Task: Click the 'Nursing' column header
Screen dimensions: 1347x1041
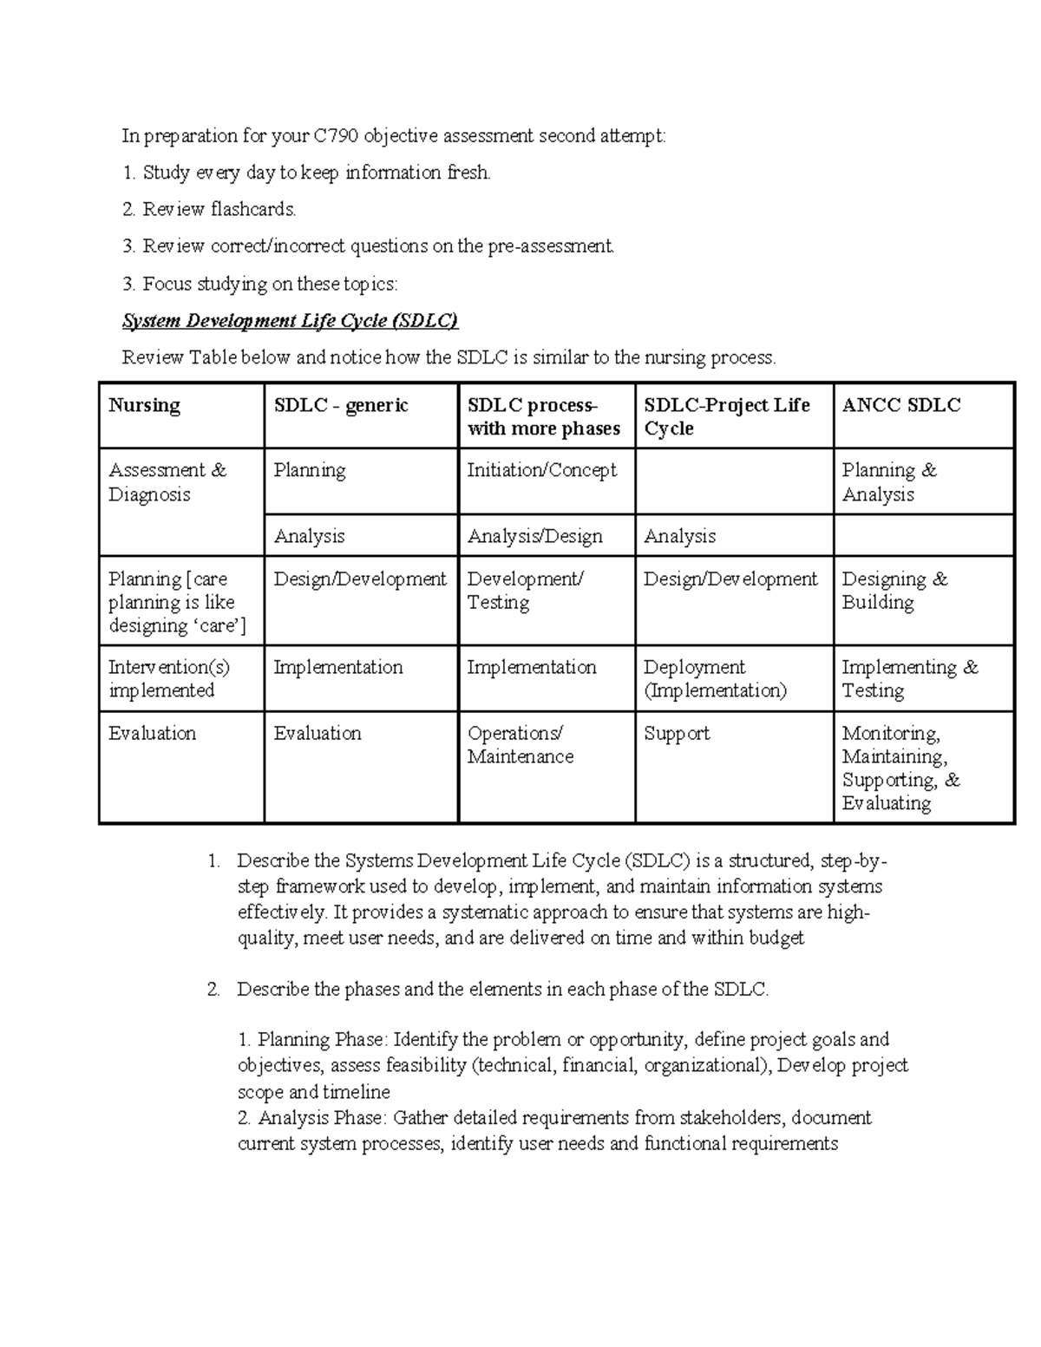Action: (x=144, y=405)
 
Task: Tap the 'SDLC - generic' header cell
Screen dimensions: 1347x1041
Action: (x=341, y=405)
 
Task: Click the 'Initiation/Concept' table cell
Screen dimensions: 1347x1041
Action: (x=542, y=470)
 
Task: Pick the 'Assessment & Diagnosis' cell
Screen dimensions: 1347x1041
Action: (x=167, y=482)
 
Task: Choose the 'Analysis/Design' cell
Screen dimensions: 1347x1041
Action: (x=534, y=536)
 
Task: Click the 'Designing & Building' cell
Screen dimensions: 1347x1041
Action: (x=894, y=591)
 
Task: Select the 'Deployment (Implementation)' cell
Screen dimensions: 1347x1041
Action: (x=715, y=678)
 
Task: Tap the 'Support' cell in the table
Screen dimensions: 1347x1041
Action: (x=677, y=734)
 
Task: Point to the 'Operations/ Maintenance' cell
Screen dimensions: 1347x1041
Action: (x=520, y=745)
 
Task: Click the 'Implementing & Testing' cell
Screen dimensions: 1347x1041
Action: (x=909, y=678)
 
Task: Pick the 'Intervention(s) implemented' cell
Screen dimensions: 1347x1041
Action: (x=168, y=678)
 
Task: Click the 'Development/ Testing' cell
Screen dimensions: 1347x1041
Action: (x=525, y=591)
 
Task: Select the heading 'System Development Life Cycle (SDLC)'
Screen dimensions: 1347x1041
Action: (x=290, y=321)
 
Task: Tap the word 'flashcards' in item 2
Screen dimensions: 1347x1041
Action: (x=252, y=209)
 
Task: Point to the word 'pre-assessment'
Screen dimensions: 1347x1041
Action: (x=550, y=246)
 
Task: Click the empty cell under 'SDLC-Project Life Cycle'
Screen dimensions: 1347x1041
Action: (x=734, y=481)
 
